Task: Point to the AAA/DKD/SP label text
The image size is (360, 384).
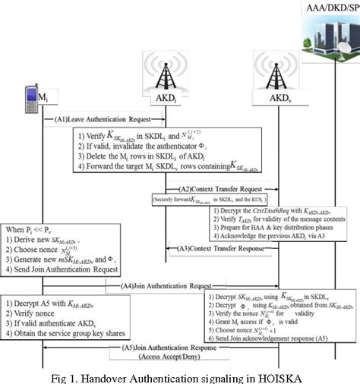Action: point(323,6)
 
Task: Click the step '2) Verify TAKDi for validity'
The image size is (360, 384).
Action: point(271,215)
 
